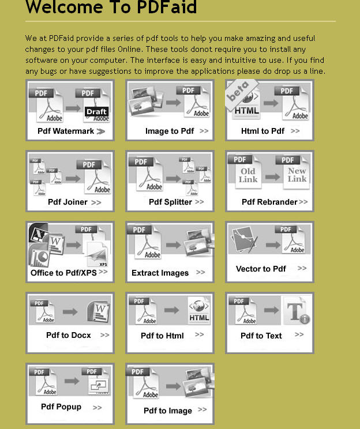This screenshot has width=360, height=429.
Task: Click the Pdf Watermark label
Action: tap(65, 131)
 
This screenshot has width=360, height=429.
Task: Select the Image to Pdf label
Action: tap(169, 131)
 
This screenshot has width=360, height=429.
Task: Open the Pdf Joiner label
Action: tap(67, 202)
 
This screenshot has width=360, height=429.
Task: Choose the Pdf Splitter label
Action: tap(170, 202)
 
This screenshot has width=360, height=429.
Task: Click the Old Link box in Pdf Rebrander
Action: tap(248, 175)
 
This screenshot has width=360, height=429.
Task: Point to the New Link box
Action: tap(297, 175)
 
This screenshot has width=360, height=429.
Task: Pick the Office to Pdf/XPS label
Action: tap(63, 273)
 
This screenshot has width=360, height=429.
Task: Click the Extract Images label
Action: tap(160, 273)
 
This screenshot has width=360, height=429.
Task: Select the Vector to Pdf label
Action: tap(261, 269)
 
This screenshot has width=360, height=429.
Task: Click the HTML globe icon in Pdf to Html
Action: tap(199, 312)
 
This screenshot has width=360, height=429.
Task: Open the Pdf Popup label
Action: tap(61, 407)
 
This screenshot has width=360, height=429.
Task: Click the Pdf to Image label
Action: tap(168, 411)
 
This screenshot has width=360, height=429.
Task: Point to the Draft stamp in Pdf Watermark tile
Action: tap(96, 112)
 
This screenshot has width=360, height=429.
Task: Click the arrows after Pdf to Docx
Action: tap(104, 335)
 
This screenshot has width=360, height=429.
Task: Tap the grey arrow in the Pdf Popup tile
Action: tap(72, 382)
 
